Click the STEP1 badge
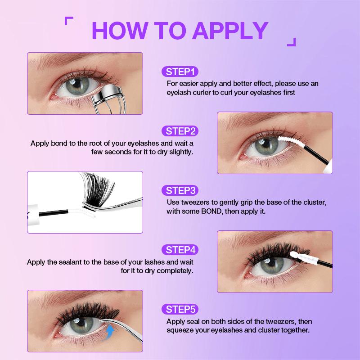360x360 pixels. click(x=180, y=72)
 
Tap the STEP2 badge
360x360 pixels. click(x=180, y=131)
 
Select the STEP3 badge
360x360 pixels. click(x=180, y=190)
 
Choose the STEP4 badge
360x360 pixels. click(x=180, y=250)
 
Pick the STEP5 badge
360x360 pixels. click(x=180, y=309)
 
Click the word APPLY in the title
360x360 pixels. click(x=230, y=31)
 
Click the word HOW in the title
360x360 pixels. click(x=119, y=31)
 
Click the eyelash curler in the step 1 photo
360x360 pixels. click(x=110, y=99)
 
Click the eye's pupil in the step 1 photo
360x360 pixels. click(x=77, y=84)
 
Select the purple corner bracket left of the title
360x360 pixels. click(x=69, y=21)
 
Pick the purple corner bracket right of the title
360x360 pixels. click(x=292, y=42)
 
